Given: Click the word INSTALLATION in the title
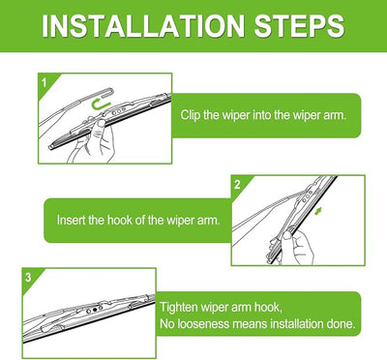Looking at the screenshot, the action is coord(143,26).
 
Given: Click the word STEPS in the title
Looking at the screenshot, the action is coord(299,26).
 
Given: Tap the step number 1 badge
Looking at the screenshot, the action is coord(45,83).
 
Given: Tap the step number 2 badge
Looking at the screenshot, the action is coord(237,185).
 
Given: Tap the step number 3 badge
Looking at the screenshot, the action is coord(28,277).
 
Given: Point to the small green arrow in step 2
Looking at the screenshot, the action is coord(318,211).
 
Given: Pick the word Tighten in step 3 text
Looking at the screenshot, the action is coord(179,307).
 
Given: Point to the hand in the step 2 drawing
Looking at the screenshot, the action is coord(297,246).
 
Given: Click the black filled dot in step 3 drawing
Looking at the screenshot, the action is coord(95,310).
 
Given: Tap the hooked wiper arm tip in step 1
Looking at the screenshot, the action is coord(109,93).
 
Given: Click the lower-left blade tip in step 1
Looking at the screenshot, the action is coord(50,147).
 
